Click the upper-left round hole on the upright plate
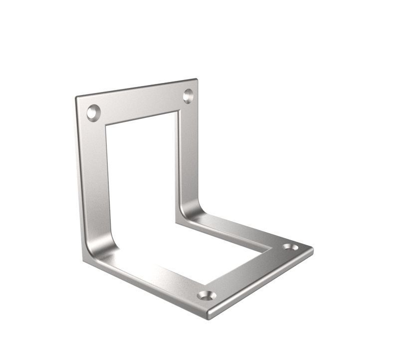(93, 112)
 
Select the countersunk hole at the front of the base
(206, 295)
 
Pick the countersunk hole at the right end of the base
(290, 247)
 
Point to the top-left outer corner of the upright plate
(76, 97)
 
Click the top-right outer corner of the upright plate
(197, 79)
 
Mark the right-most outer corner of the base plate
(313, 248)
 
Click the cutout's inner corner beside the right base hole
(272, 247)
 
